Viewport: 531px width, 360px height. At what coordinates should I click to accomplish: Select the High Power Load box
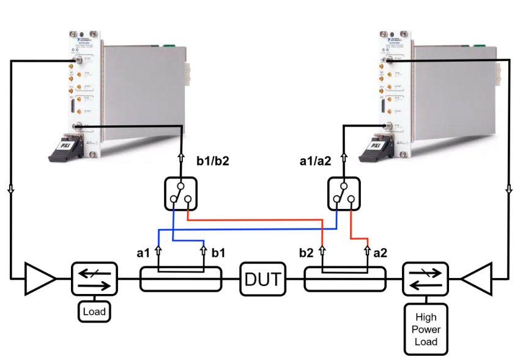(x=426, y=329)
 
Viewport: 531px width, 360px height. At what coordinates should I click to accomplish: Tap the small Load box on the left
(x=94, y=311)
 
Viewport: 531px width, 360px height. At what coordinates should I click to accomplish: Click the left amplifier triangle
(x=39, y=279)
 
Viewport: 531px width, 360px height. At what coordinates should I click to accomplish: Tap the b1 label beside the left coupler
(x=218, y=252)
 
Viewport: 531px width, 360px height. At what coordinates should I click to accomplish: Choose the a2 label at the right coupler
(x=381, y=252)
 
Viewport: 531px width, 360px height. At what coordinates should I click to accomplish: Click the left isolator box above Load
(x=94, y=280)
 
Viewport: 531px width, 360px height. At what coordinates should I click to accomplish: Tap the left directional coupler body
(x=180, y=281)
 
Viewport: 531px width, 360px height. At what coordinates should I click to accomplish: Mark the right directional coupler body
(x=345, y=281)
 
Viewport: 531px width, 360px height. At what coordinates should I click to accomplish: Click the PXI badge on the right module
(x=373, y=147)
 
